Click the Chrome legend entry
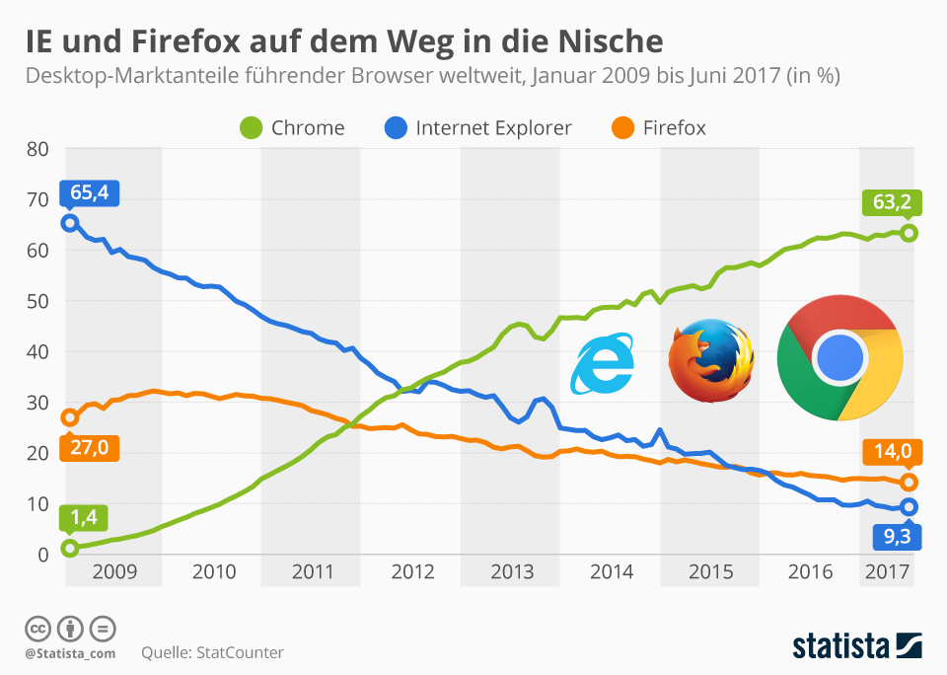[x=293, y=127]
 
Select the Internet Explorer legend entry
[x=477, y=127]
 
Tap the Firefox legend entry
[x=659, y=127]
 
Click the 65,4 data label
[x=89, y=192]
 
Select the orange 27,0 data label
[x=89, y=448]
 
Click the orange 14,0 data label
[x=892, y=453]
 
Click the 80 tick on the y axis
[x=36, y=149]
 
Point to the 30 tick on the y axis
[x=36, y=403]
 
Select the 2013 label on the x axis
[x=511, y=572]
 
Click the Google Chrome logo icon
[x=839, y=356]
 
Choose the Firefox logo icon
[x=711, y=360]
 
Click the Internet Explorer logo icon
[x=604, y=364]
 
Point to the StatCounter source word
[x=241, y=652]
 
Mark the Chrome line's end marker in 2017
[x=910, y=233]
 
